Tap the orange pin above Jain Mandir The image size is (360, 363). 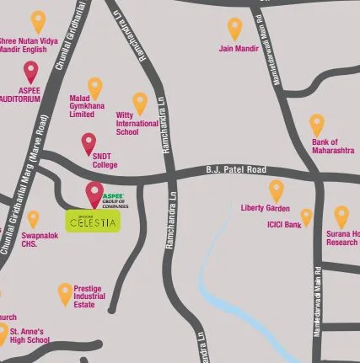234,28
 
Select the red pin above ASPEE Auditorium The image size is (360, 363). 31,72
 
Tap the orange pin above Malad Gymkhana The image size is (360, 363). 94,87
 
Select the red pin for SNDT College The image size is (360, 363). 89,143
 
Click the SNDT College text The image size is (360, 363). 105,161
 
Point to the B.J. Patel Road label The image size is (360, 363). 236,170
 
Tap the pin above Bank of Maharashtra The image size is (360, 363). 317,124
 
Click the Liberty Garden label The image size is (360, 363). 265,208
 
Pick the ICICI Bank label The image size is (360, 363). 283,225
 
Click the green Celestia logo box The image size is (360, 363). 94,221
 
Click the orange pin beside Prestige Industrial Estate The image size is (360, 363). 65,293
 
